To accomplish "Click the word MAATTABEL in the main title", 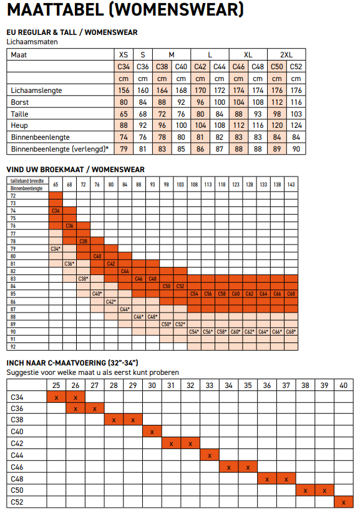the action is (56, 9).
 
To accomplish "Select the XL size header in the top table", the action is (248, 55).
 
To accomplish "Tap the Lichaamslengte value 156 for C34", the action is (124, 90).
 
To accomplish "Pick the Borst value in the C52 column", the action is (296, 102).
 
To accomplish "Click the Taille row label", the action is (20, 114).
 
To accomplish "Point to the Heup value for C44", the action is (220, 125).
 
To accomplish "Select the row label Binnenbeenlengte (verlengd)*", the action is (60, 149).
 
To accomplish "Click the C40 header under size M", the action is (181, 67).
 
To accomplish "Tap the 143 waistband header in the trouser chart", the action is (291, 185).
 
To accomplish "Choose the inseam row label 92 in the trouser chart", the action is (12, 346).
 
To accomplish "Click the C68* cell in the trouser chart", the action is (291, 332).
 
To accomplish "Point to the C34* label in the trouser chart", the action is (56, 249).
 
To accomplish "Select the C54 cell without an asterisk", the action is (194, 294).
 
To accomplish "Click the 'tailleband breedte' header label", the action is (27, 181).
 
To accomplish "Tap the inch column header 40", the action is (343, 385).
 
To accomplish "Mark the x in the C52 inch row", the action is (343, 503).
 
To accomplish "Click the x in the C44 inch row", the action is (210, 455).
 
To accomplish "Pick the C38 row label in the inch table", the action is (17, 420).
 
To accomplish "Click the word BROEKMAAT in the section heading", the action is (60, 170).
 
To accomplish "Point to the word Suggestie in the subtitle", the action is (21, 373).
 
